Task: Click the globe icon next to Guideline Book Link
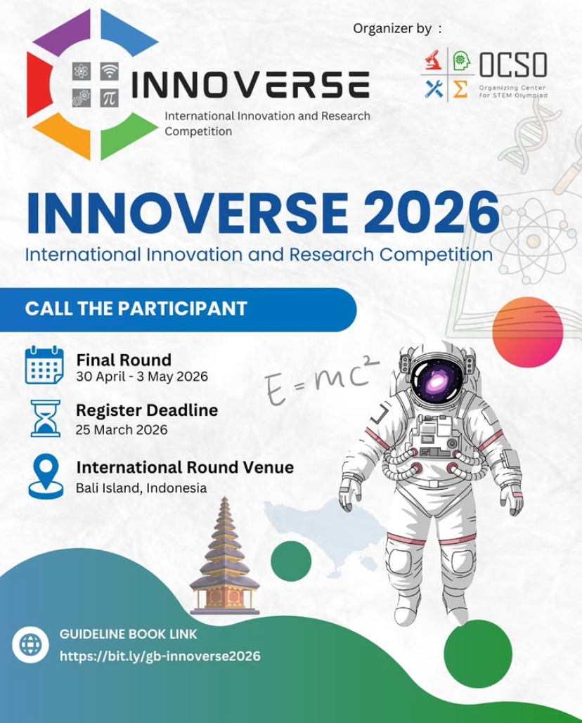point(30,644)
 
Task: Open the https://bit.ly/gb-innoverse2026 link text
point(160,656)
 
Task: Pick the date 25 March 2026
point(122,429)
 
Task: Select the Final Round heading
point(124,359)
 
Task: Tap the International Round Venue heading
point(185,467)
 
